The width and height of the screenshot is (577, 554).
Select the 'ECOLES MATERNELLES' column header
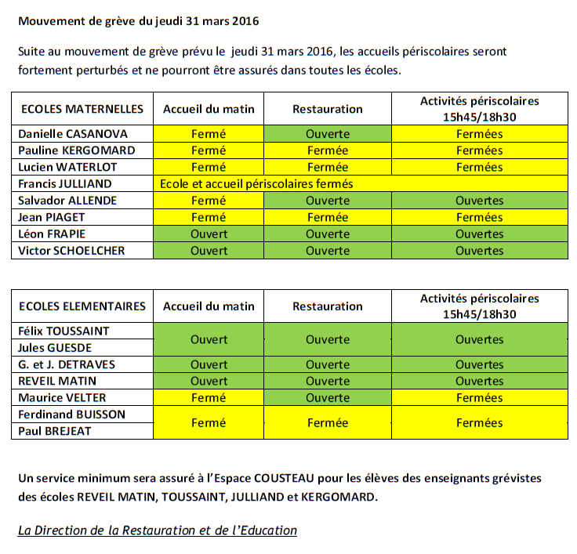pyautogui.click(x=82, y=109)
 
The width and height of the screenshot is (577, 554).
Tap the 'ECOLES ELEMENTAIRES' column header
pyautogui.click(x=83, y=306)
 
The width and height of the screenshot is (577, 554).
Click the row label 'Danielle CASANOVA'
pyautogui.click(x=73, y=134)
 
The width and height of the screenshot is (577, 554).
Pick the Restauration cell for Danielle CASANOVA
pyautogui.click(x=328, y=134)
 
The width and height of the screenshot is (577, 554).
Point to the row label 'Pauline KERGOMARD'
pyautogui.click(x=76, y=150)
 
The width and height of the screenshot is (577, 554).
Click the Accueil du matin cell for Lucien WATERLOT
pyautogui.click(x=209, y=167)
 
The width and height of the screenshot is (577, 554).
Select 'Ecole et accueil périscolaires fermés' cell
pyautogui.click(x=256, y=184)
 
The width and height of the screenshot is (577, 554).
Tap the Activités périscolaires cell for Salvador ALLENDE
pyautogui.click(x=480, y=201)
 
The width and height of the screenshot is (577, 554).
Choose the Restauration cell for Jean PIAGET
pyautogui.click(x=328, y=217)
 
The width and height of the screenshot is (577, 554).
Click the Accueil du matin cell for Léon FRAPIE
pyautogui.click(x=209, y=234)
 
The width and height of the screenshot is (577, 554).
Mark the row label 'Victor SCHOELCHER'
pyautogui.click(x=71, y=251)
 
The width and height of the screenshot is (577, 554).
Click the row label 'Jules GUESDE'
pyautogui.click(x=55, y=348)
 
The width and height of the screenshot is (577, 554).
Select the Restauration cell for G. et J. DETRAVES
pyautogui.click(x=328, y=365)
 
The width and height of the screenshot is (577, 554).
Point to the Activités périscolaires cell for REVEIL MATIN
pyautogui.click(x=480, y=382)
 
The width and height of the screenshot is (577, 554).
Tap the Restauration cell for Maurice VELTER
pyautogui.click(x=328, y=398)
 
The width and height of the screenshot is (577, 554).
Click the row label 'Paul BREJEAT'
pyautogui.click(x=56, y=431)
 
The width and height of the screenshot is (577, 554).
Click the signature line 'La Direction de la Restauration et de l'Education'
pyautogui.click(x=158, y=530)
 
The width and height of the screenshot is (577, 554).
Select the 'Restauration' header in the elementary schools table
pyautogui.click(x=328, y=306)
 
